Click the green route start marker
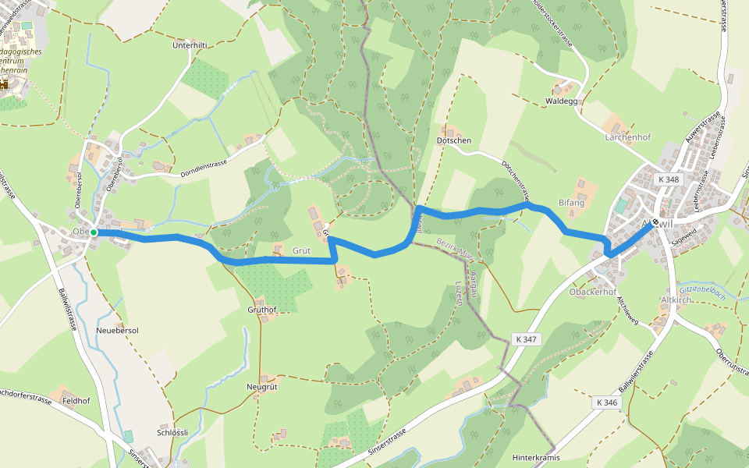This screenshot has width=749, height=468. (x=94, y=232)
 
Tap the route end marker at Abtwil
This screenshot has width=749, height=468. (x=655, y=222)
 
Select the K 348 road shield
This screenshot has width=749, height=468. (x=669, y=179)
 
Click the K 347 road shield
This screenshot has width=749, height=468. (x=527, y=339)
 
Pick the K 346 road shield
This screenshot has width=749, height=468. (x=605, y=402)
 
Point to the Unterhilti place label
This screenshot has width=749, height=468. (x=190, y=46)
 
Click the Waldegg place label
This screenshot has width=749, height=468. (x=562, y=101)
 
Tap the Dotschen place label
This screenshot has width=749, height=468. (x=454, y=140)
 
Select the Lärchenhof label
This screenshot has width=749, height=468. (x=627, y=137)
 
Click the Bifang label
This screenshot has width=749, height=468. (x=571, y=203)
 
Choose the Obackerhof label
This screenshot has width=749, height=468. (x=593, y=292)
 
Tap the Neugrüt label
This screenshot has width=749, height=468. (x=262, y=387)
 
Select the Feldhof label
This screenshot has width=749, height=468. (x=76, y=401)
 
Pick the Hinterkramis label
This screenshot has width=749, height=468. (x=536, y=458)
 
